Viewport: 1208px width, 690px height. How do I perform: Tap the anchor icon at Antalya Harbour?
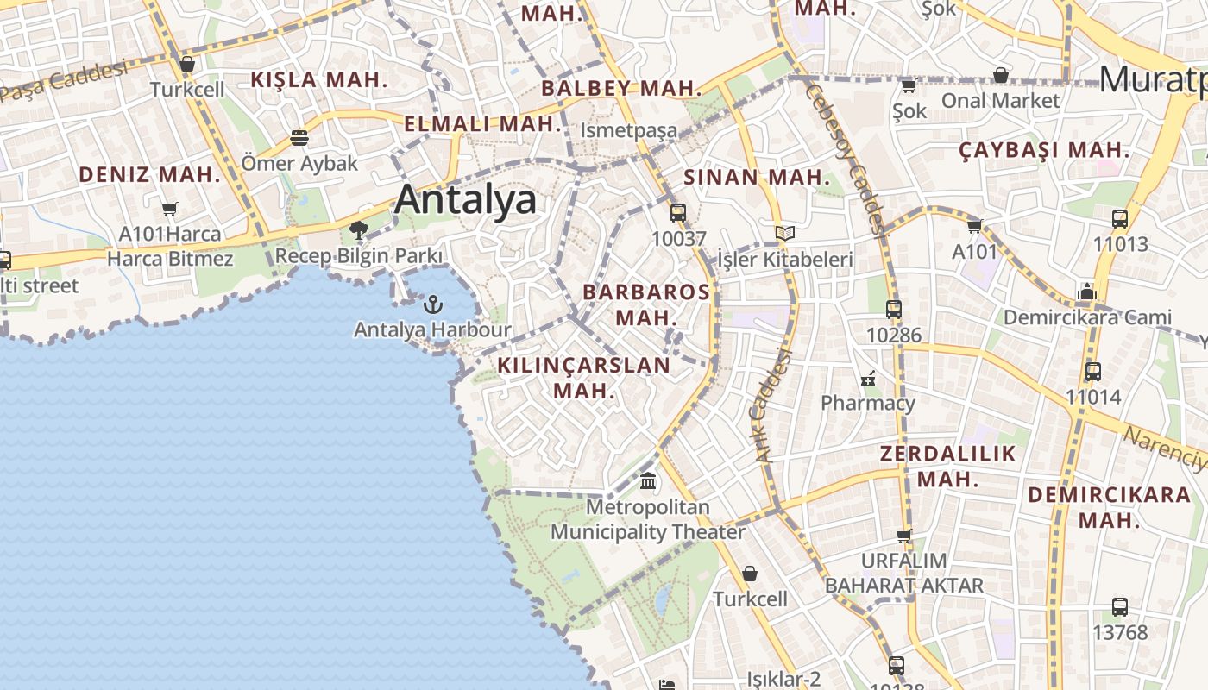tap(433, 304)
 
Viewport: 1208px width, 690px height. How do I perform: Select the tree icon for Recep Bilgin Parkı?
tap(359, 230)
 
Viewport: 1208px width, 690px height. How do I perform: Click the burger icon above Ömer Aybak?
tap(299, 138)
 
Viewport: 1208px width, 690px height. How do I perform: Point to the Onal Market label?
tap(1000, 100)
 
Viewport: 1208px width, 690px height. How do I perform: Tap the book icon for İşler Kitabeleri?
tap(784, 234)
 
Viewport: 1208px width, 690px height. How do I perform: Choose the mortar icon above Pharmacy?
tap(868, 378)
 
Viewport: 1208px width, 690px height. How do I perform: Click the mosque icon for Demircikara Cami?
tap(1086, 292)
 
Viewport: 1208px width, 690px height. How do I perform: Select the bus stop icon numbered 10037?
tap(678, 212)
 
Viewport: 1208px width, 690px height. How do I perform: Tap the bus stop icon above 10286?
tap(894, 309)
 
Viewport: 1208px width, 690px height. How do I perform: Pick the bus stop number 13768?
tap(1120, 632)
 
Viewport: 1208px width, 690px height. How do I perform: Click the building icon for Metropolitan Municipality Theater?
tap(648, 480)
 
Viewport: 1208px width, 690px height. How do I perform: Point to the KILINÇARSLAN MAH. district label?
tap(584, 378)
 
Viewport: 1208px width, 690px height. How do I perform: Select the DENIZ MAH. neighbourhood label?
tap(150, 174)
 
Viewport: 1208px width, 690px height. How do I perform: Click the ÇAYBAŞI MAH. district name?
tap(1044, 150)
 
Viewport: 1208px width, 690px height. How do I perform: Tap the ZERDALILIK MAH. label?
tap(947, 466)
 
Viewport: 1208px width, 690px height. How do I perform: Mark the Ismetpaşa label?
tap(628, 130)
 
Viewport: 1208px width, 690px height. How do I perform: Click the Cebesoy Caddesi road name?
tap(846, 155)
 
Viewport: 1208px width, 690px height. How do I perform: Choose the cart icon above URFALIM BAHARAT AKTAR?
tap(904, 536)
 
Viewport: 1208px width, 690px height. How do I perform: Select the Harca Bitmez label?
tap(170, 258)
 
